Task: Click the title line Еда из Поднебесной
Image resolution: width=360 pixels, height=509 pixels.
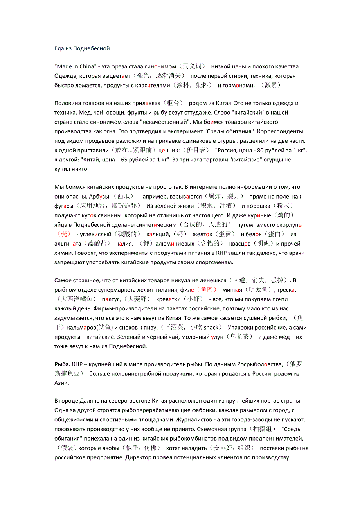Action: tap(82, 48)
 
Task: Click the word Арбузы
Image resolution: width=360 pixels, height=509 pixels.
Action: tap(100, 196)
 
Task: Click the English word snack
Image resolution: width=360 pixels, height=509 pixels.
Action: tap(211, 328)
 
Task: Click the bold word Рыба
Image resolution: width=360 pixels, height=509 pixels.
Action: tap(62, 364)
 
